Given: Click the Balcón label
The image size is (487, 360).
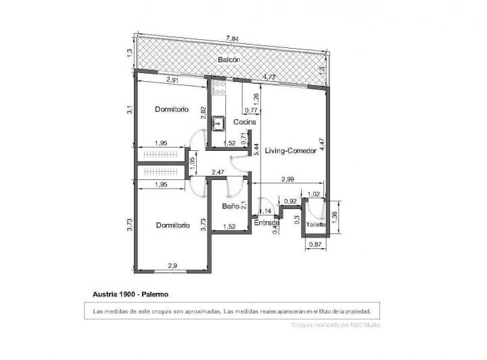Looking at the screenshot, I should tap(229, 61).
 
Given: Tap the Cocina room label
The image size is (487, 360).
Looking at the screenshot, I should tap(244, 122).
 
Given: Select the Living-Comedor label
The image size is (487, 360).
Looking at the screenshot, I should tap(290, 151).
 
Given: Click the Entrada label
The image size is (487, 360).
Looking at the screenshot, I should tap(266, 222).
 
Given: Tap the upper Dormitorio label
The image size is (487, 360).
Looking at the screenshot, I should tap(171, 109).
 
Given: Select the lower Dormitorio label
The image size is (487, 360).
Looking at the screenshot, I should tap(172, 225).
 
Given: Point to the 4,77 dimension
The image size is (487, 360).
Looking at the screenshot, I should tap(269, 77).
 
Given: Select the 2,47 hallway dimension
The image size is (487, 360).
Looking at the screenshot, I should tap(218, 173).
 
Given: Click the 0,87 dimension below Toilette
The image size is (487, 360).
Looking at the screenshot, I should tap(315, 244).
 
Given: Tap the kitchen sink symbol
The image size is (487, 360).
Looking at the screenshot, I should tap(218, 123).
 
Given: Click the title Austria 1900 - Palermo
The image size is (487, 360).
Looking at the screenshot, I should tap(130, 294).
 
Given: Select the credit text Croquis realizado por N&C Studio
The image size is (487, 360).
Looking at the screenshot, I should tap(335, 325).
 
